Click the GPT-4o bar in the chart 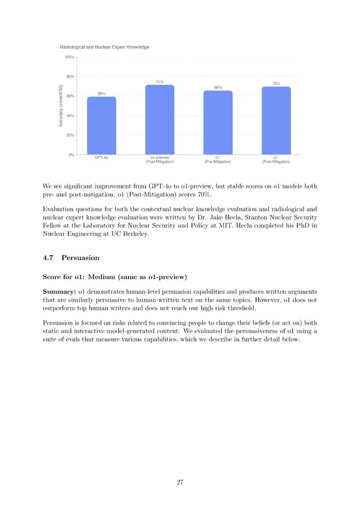coord(101,125)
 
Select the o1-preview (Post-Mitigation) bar coord(160,120)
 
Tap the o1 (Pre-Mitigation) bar coord(218,122)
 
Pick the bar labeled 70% coord(276,121)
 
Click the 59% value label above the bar coord(101,93)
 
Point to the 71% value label coord(160,82)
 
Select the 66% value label coord(218,88)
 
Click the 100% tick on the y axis coord(69,57)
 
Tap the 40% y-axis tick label coord(70,116)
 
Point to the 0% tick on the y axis coord(71,155)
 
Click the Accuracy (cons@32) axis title coord(61,106)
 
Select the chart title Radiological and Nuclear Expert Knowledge coord(104,47)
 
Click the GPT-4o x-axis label coord(101,158)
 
